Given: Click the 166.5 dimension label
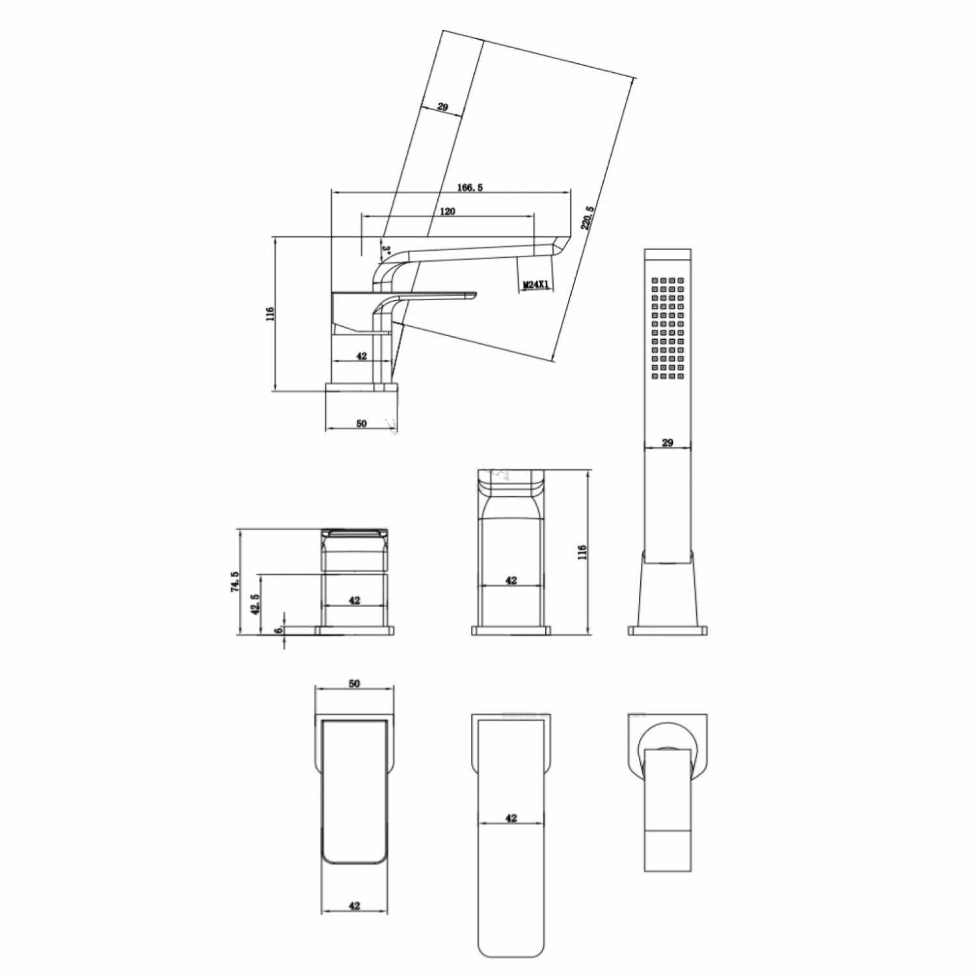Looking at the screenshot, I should tap(470, 188).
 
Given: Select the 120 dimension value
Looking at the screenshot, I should tap(448, 211).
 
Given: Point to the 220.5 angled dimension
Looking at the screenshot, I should tap(587, 218).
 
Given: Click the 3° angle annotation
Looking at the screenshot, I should tap(385, 249).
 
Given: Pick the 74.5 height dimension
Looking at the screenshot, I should tap(235, 582).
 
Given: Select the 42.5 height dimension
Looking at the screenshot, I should tap(256, 604).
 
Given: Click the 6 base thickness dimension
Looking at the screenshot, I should tap(278, 630).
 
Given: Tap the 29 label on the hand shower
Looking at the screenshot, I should tap(667, 443).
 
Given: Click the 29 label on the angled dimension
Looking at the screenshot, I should tap(442, 107).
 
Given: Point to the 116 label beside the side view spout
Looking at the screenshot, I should tap(270, 313).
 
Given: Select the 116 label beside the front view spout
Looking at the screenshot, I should tap(582, 552).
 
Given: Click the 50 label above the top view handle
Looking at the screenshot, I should tap(354, 684).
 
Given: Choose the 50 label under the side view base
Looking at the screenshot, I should tap(361, 423).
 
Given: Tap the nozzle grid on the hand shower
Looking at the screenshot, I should tap(668, 328).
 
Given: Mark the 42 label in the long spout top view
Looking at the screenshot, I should tap(511, 818).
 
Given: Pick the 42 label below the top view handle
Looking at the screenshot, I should tap(354, 906).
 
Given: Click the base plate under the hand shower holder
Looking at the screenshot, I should tap(668, 630).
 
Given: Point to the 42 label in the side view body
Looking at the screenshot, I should tap(361, 356).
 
